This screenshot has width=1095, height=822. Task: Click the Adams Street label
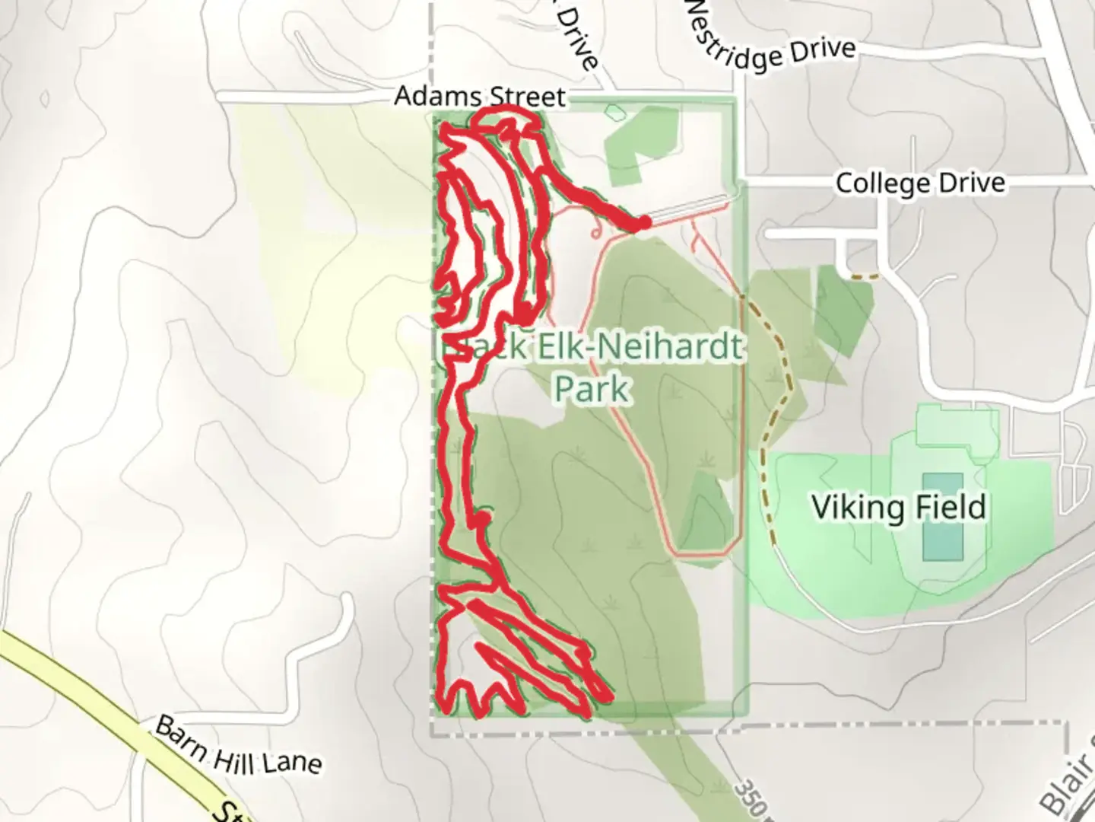click(x=480, y=97)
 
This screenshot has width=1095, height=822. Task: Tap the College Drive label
click(x=920, y=183)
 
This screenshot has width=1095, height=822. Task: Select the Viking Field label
click(x=899, y=508)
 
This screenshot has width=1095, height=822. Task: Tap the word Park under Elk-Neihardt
click(x=592, y=388)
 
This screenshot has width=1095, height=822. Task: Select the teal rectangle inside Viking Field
click(x=942, y=517)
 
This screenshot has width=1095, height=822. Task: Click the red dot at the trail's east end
click(x=643, y=222)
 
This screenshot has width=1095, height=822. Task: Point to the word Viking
click(x=858, y=508)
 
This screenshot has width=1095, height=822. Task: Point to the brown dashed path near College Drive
click(x=865, y=276)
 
